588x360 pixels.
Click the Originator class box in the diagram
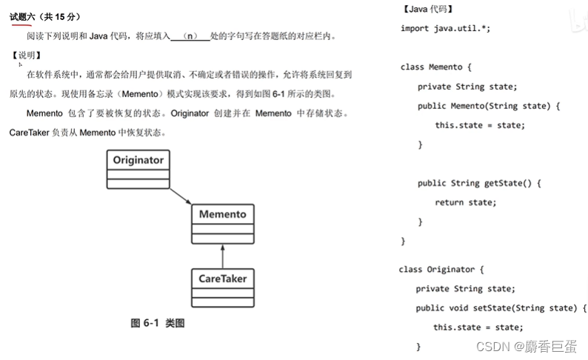point(138,170)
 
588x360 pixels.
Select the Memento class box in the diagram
point(222,223)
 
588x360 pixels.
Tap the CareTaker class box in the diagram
point(222,287)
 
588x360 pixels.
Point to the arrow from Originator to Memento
point(181,196)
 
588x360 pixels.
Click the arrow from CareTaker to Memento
point(222,256)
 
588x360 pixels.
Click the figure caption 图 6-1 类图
point(157,323)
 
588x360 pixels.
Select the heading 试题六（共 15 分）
point(45,17)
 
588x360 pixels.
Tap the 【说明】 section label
point(27,56)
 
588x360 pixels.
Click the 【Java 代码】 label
point(428,10)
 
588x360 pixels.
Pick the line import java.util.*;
point(445,28)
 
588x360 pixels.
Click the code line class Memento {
point(441,67)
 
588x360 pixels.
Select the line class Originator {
point(441,270)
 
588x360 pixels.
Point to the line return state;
point(465,202)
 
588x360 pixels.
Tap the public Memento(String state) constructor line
point(489,106)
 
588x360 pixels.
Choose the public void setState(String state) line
point(501,308)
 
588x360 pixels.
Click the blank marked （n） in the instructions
point(190,36)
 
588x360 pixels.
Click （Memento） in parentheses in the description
point(139,94)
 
